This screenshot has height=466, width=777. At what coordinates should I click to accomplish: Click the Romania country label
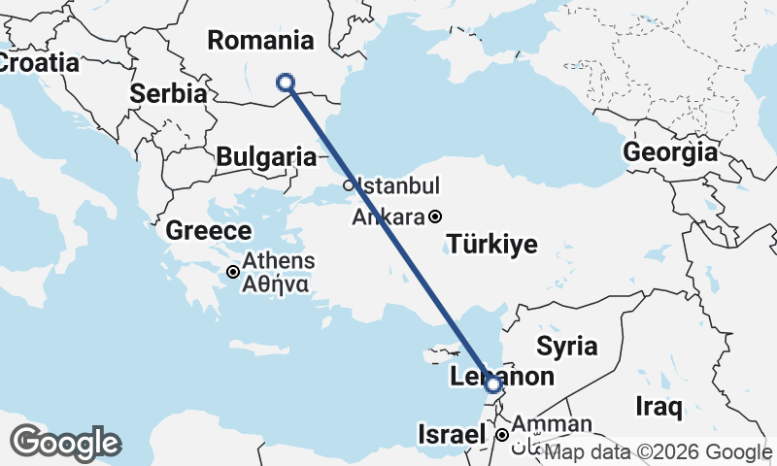pos(260,41)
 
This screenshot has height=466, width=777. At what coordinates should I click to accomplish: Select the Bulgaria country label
pos(266,156)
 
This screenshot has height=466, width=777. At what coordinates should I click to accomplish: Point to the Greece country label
pos(209,231)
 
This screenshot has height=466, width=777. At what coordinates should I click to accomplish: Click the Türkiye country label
pos(491,244)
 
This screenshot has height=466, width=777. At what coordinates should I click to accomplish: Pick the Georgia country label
pos(670,152)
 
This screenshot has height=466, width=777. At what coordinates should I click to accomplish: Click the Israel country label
pos(450,433)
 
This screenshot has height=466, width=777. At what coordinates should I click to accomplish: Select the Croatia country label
pos(37,62)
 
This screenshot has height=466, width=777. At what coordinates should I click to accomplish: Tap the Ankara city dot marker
pos(436,216)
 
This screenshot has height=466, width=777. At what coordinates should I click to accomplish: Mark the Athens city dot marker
pos(233,272)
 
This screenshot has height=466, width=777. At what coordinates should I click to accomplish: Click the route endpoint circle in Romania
pos(287,83)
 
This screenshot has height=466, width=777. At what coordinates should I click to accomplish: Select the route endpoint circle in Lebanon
pos(494,385)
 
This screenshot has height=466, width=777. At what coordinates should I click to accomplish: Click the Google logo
pos(66,442)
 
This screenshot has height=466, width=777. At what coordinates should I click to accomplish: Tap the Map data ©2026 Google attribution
pos(658,452)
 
